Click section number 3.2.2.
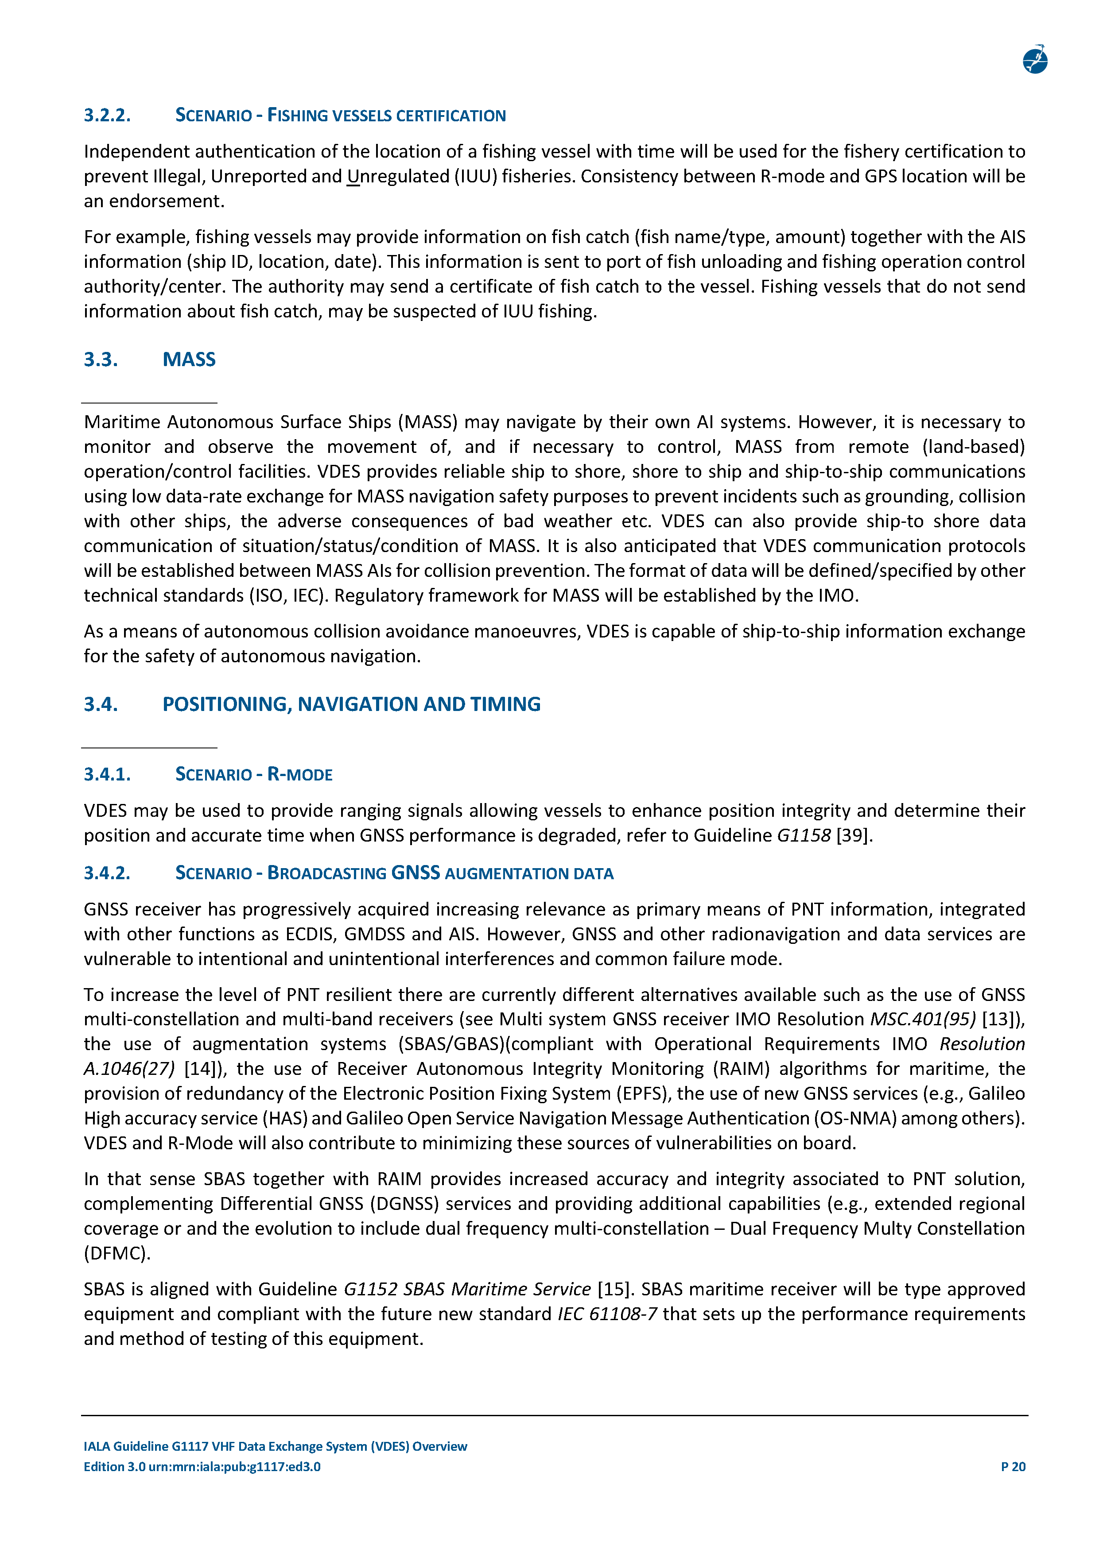107,115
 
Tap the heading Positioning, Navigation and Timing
351,704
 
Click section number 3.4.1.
107,774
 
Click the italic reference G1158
803,835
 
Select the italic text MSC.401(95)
922,1020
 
